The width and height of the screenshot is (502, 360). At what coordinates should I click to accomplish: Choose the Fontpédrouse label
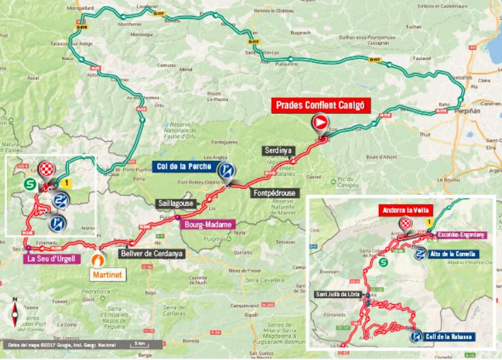[272, 193]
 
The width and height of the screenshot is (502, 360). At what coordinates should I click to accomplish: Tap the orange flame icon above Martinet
[100, 259]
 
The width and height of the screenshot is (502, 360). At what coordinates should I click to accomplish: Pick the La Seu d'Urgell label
[52, 258]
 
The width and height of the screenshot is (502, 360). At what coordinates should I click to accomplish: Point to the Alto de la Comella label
[457, 254]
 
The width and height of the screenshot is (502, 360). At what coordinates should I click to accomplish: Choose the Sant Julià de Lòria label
[339, 294]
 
